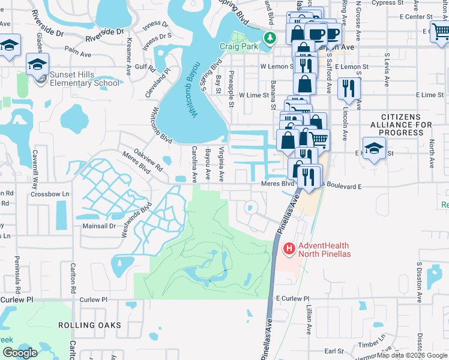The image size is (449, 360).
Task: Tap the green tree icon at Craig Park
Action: (271, 38)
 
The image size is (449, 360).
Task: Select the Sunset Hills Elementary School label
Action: (85, 78)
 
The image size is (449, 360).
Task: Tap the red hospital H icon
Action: (289, 248)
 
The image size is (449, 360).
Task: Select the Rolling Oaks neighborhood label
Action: (89, 325)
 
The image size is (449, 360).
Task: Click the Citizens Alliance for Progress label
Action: (406, 124)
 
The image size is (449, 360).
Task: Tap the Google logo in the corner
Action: (20, 353)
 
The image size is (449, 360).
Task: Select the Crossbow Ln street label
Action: (50, 194)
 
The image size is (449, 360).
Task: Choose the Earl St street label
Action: (333, 351)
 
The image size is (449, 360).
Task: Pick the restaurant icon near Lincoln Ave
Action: (349, 89)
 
